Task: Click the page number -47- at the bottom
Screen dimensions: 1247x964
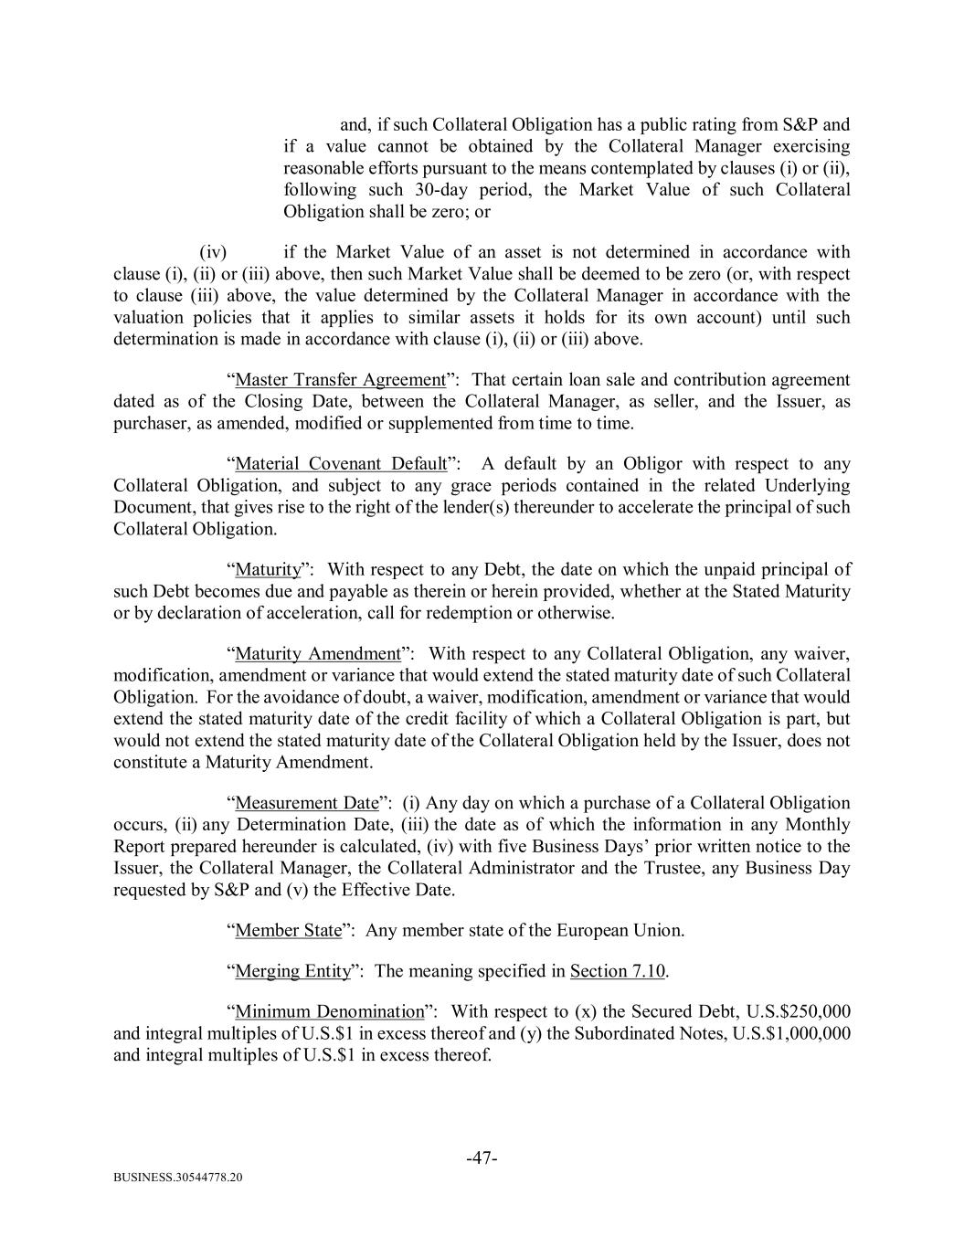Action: (x=482, y=1158)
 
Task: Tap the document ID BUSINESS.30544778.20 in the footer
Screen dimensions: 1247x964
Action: (x=178, y=1178)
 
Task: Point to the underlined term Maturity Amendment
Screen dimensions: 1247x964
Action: (x=317, y=654)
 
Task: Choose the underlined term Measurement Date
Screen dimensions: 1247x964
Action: (x=306, y=804)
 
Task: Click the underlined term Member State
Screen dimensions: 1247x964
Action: (x=288, y=931)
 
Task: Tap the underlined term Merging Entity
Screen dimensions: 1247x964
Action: (x=292, y=971)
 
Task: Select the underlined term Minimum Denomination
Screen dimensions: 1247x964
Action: (x=330, y=1012)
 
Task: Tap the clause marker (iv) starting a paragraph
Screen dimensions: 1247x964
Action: (x=213, y=252)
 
